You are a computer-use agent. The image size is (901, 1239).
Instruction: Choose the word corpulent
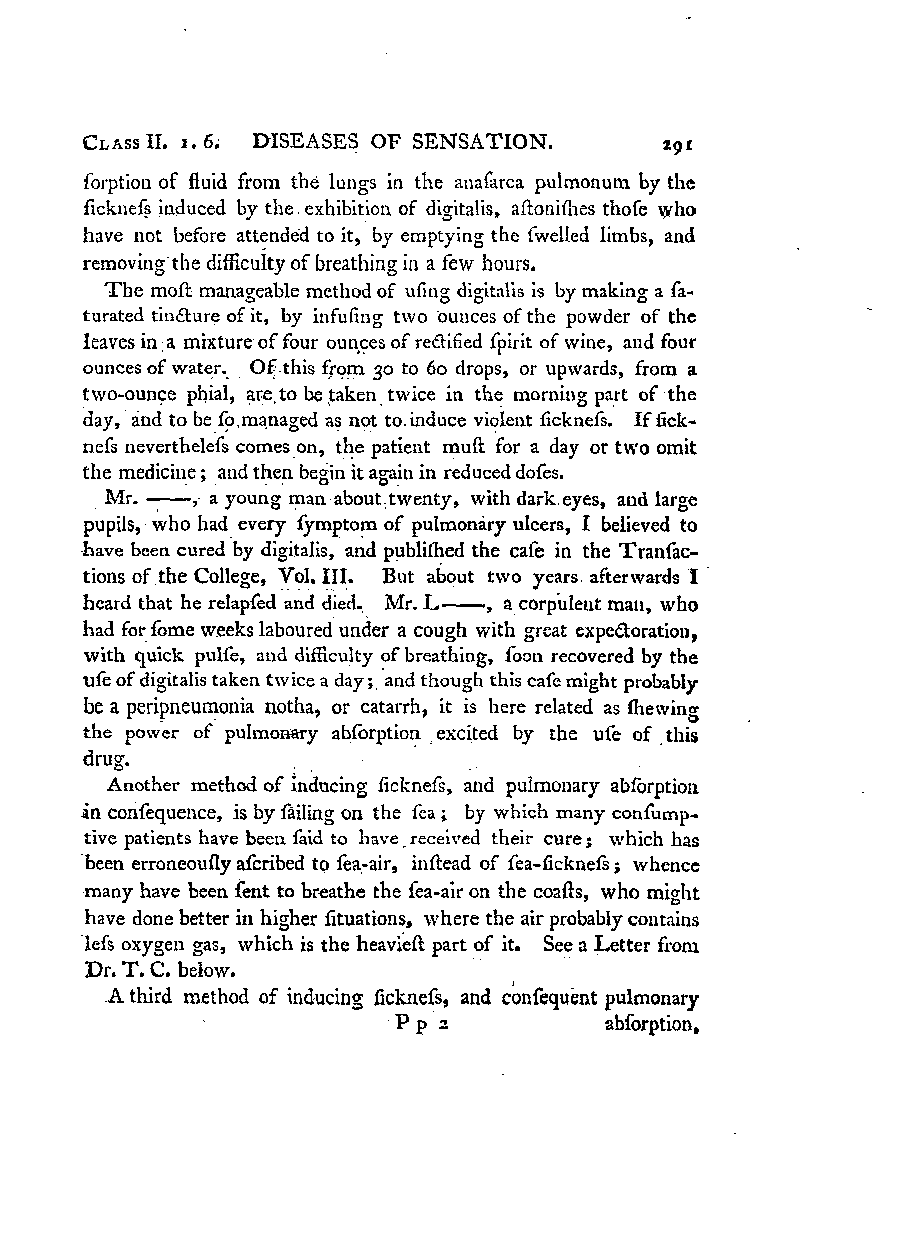pyautogui.click(x=553, y=605)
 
